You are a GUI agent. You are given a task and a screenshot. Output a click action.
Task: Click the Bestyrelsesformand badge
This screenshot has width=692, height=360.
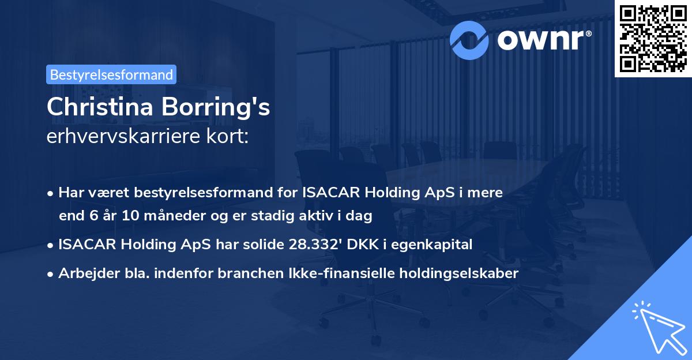click(111, 74)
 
